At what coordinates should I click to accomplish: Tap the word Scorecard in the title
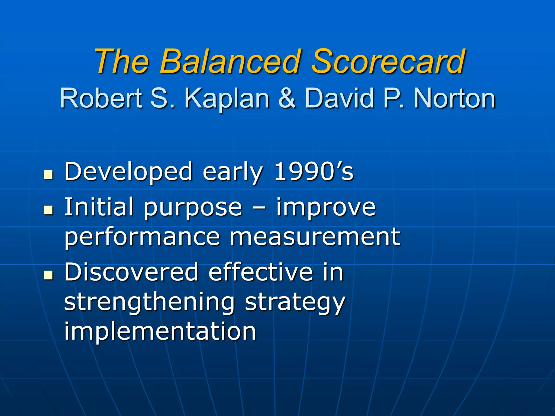click(388, 62)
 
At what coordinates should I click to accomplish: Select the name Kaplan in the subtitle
click(227, 99)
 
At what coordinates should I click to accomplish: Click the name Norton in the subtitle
click(454, 99)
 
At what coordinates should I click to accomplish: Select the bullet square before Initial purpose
click(48, 210)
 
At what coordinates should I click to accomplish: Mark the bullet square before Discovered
click(48, 275)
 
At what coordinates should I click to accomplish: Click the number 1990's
click(314, 171)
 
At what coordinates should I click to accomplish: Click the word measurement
click(315, 237)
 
